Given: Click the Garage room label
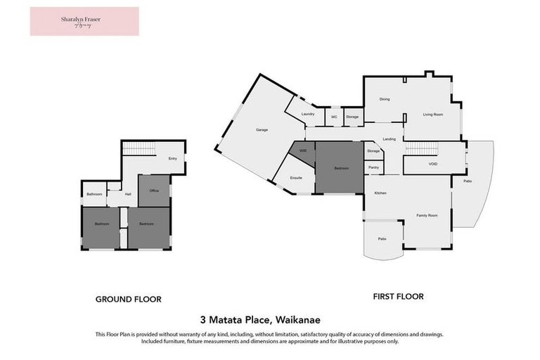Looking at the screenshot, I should [x=262, y=130].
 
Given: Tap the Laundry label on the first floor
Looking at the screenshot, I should [x=307, y=114].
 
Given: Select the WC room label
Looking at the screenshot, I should [x=334, y=117].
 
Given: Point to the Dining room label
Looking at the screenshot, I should [x=385, y=99].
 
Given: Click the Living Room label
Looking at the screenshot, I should [x=432, y=114].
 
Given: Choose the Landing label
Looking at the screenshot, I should [x=389, y=139].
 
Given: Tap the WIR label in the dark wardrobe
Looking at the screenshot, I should [x=302, y=150].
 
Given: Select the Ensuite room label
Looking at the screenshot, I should [x=296, y=177].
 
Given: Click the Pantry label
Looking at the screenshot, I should [x=373, y=167].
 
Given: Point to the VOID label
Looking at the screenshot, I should [x=433, y=164].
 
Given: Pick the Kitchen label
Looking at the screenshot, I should [x=380, y=193].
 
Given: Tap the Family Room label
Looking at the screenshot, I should [x=427, y=215].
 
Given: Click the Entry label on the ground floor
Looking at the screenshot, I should [x=172, y=158].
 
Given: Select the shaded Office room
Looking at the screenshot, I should [x=154, y=191].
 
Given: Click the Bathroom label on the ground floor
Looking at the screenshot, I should [x=95, y=194].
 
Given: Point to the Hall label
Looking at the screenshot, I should [x=128, y=194].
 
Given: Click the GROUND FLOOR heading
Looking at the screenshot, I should [x=128, y=299].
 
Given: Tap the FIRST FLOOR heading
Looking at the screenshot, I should [x=398, y=297].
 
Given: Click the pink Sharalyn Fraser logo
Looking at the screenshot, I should [x=84, y=21].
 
